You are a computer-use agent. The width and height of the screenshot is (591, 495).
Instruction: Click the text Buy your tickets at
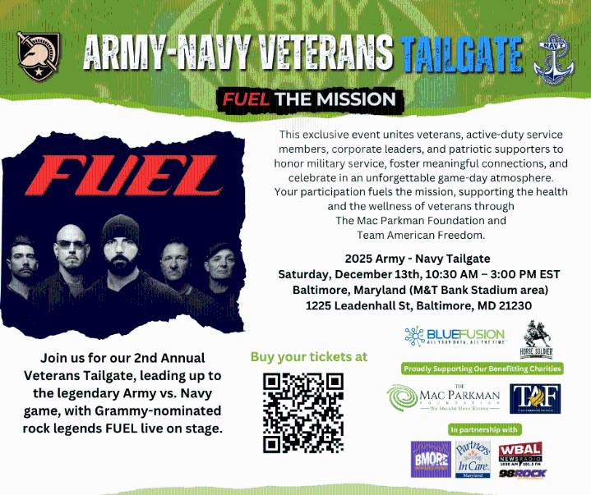308,357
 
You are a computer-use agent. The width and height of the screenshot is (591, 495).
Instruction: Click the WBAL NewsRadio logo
519,452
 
